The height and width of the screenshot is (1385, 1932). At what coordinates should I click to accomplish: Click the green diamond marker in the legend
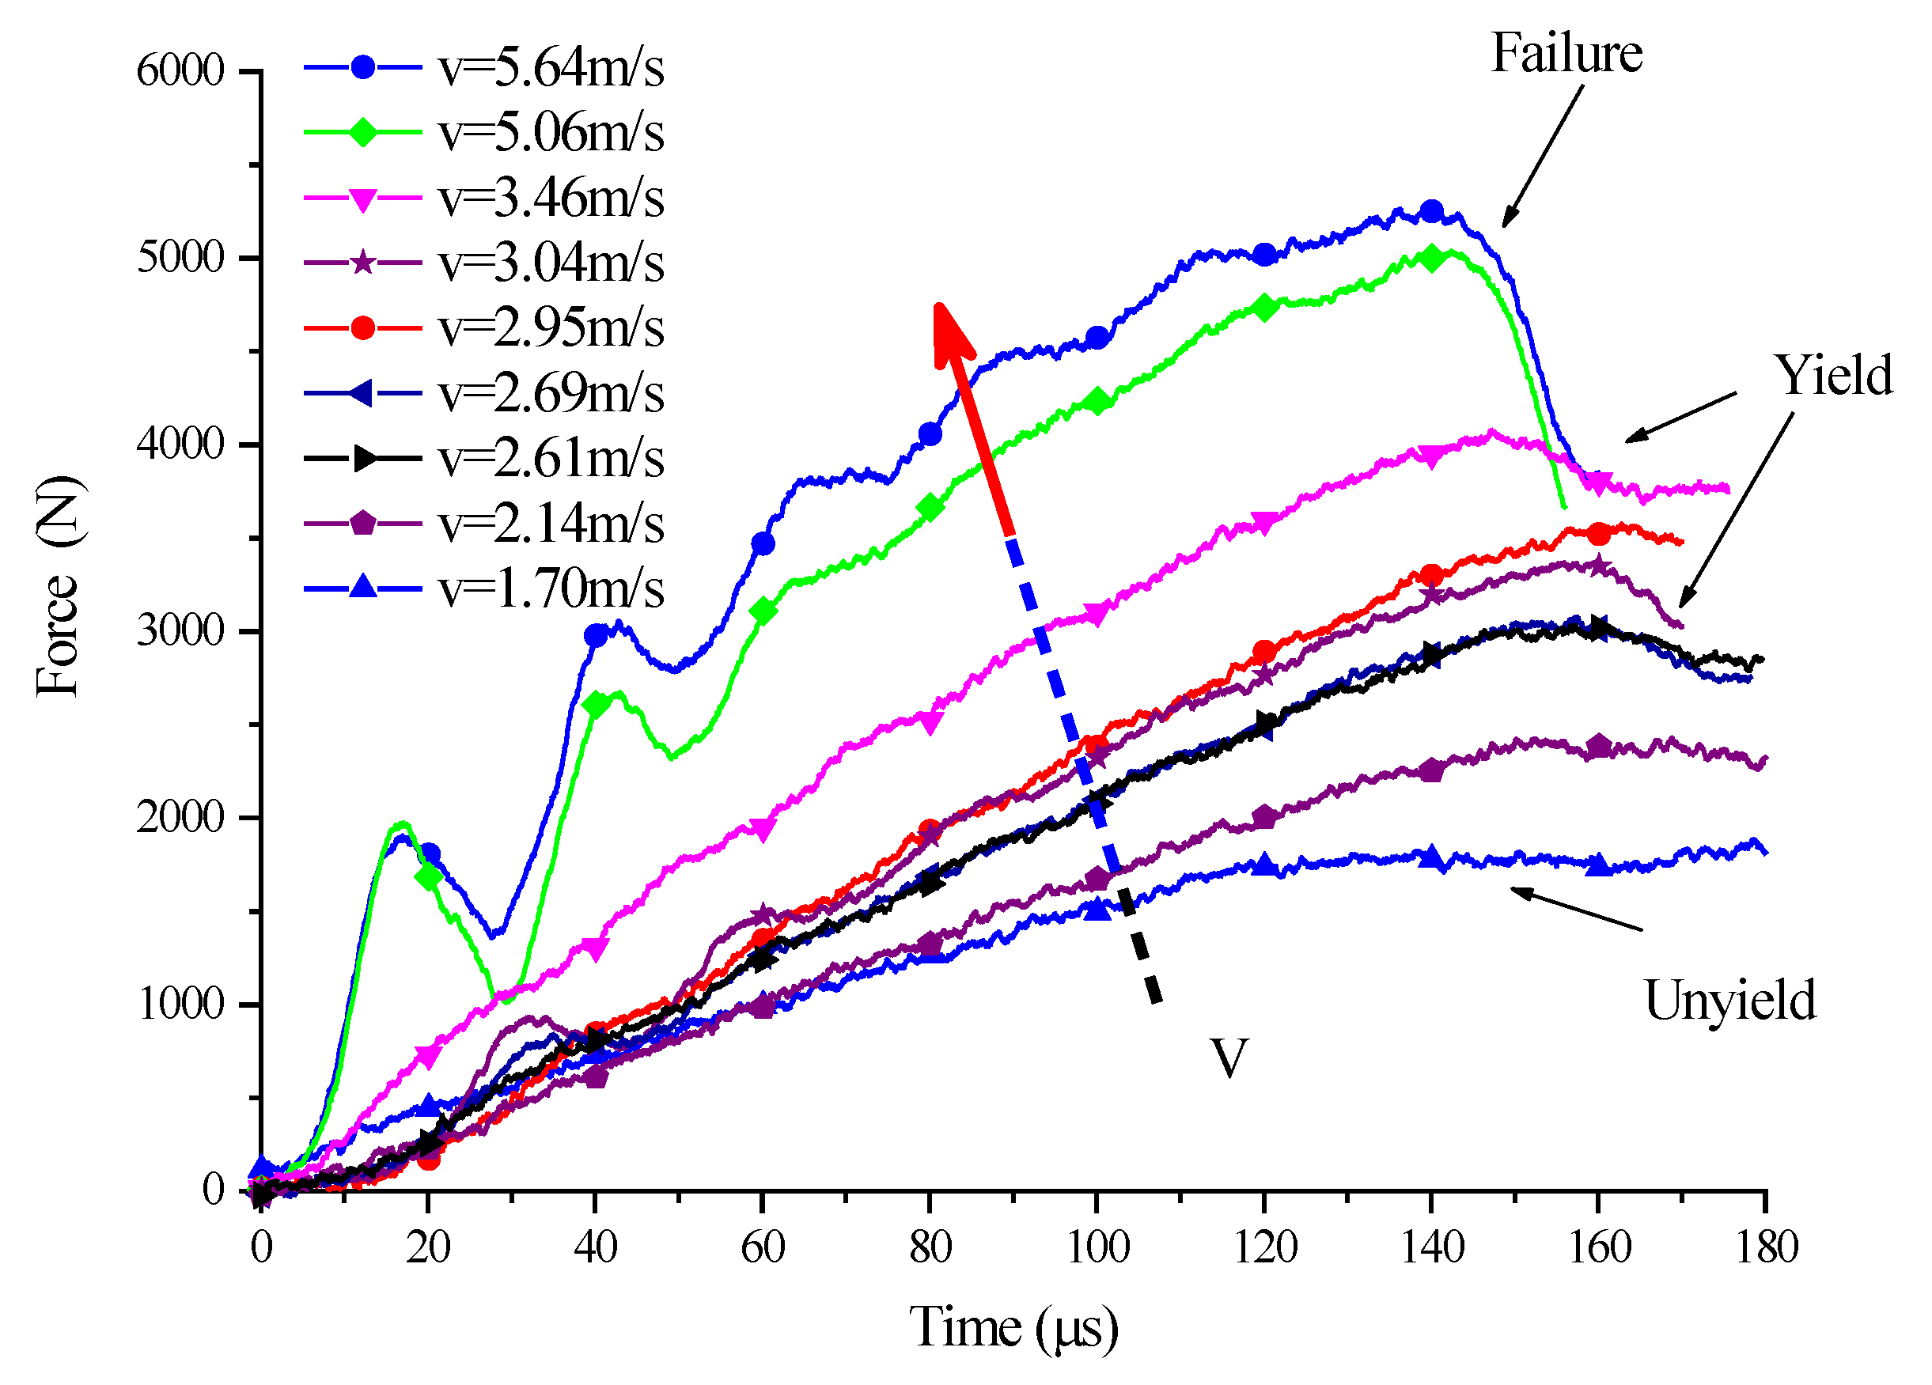click(x=363, y=133)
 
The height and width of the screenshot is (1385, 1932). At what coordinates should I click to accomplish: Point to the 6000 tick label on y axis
click(x=180, y=70)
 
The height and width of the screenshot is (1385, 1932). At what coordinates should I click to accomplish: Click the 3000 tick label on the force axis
click(x=180, y=631)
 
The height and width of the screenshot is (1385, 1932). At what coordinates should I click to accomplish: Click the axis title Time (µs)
click(x=1013, y=1328)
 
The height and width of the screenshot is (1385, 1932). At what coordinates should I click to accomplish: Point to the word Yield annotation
click(x=1832, y=376)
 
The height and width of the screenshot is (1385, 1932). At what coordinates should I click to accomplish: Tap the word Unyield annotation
click(x=1729, y=1001)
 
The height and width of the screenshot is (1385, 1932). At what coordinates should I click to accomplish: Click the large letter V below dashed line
click(x=1229, y=1060)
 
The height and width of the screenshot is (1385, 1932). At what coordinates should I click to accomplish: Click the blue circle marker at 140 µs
click(x=1432, y=211)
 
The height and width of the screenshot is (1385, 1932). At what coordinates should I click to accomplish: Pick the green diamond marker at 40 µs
click(x=596, y=706)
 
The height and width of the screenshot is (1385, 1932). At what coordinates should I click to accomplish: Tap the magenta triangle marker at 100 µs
click(x=1097, y=614)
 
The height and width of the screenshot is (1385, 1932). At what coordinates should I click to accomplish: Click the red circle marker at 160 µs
click(x=1599, y=534)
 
